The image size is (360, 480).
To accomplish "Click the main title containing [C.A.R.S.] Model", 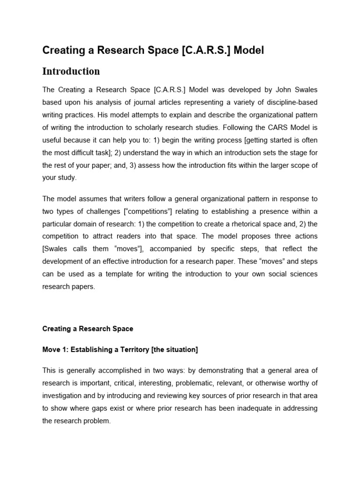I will coord(153,50).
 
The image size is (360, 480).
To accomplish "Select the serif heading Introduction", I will coord(71,71).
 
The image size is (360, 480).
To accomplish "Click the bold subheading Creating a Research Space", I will coord(88,329).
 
